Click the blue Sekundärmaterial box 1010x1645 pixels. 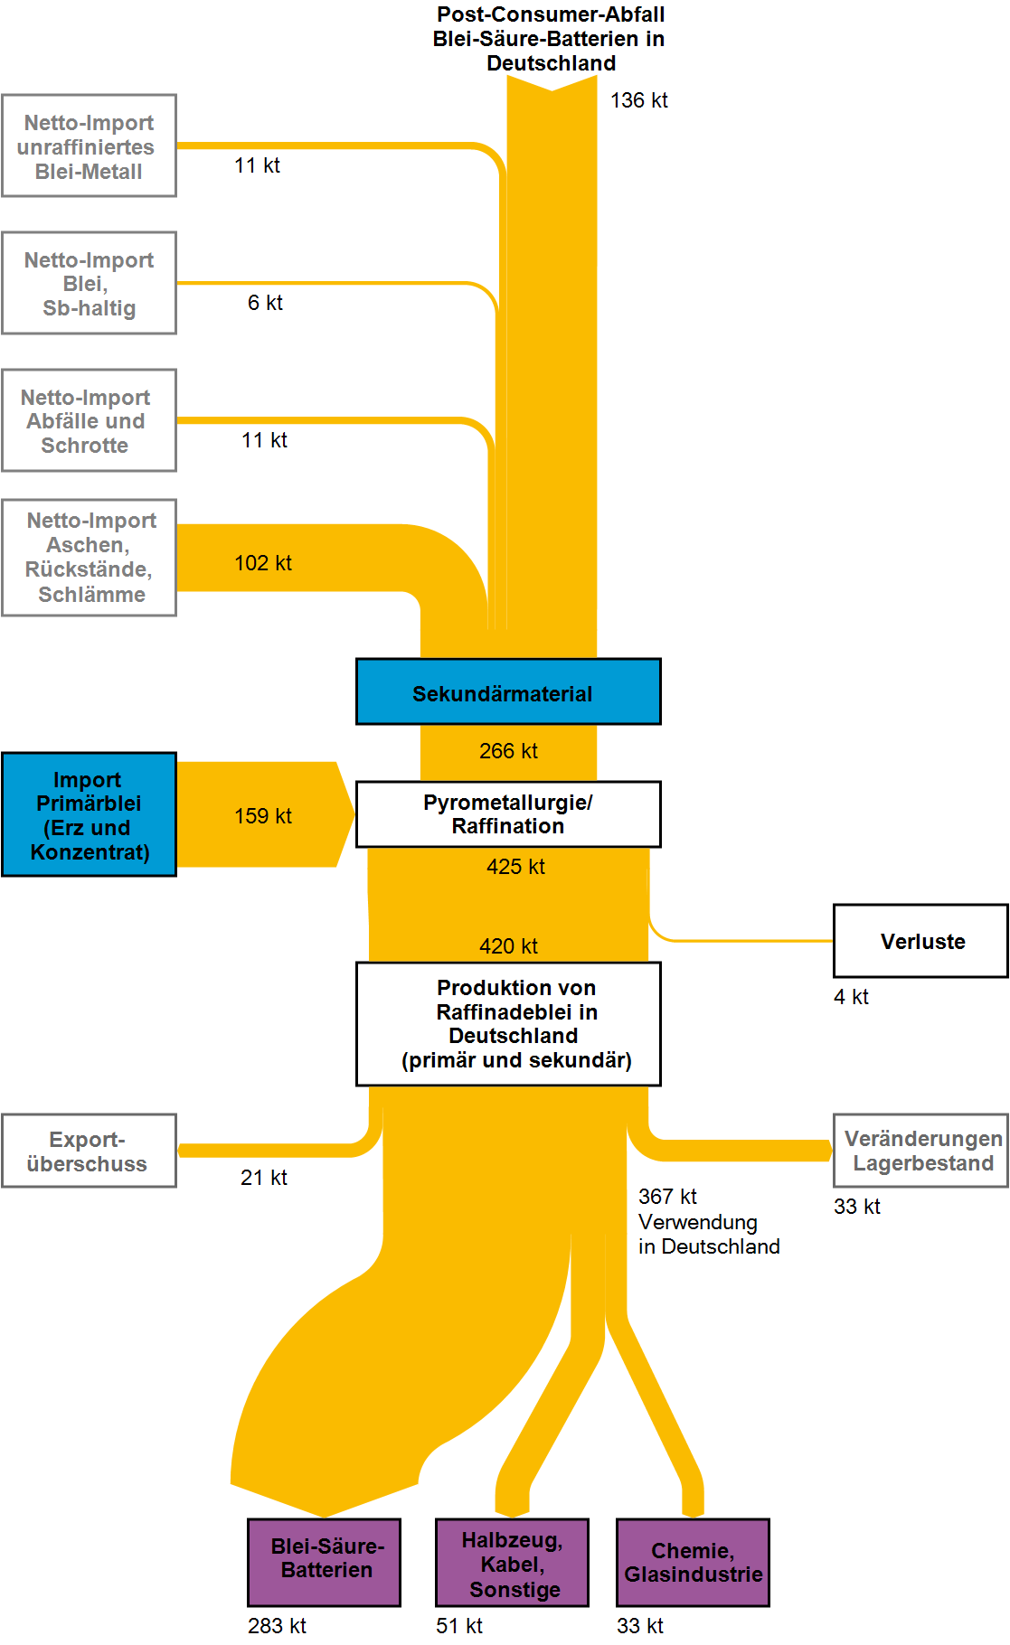(508, 691)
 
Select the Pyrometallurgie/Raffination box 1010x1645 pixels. (508, 813)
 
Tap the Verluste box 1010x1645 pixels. (920, 941)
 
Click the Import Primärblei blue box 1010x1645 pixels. (89, 814)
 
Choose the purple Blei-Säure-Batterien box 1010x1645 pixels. (324, 1562)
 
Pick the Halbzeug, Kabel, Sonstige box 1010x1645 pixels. (512, 1562)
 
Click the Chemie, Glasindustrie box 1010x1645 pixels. (693, 1562)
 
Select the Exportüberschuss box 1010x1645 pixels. (89, 1151)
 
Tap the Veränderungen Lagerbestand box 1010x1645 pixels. (920, 1151)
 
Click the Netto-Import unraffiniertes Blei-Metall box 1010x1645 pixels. (89, 146)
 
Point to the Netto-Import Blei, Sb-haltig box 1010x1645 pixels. (89, 283)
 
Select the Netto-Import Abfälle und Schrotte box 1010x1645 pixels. (89, 420)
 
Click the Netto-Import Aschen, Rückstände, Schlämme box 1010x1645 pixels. (89, 558)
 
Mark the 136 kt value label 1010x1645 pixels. (638, 100)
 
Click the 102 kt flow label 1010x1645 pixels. (263, 563)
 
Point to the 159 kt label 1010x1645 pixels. (263, 816)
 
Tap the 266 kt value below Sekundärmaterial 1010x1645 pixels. (508, 751)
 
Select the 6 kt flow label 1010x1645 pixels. (265, 303)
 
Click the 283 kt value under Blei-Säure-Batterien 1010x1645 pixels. (277, 1625)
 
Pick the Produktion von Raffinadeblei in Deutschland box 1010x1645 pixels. (508, 1023)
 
